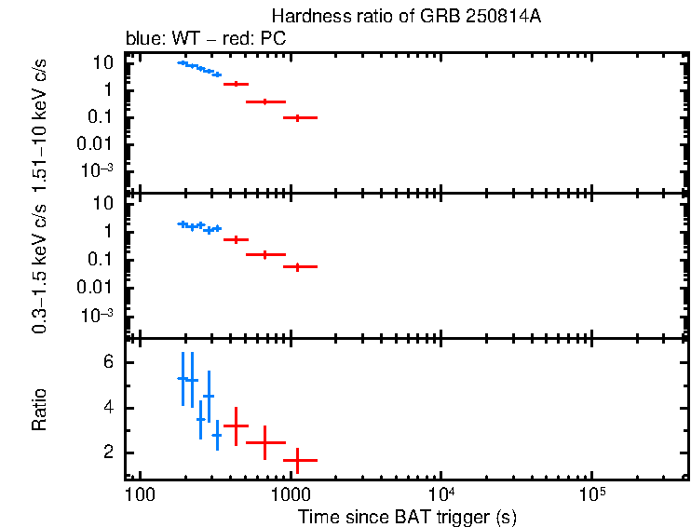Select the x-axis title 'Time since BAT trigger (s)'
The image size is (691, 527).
pos(407,516)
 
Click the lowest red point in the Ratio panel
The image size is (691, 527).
pos(297,460)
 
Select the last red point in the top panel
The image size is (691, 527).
pos(297,117)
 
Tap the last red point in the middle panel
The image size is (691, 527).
pos(297,266)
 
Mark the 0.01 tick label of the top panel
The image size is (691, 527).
pos(97,143)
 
